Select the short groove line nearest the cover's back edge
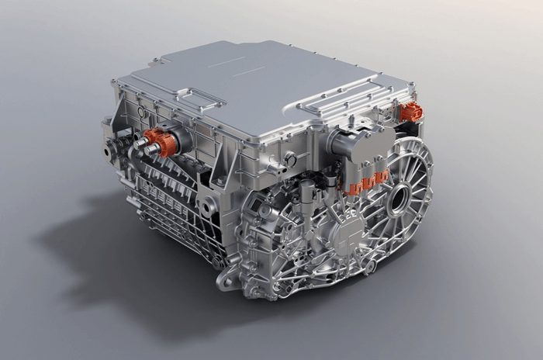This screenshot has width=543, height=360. [x=225, y=60]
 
